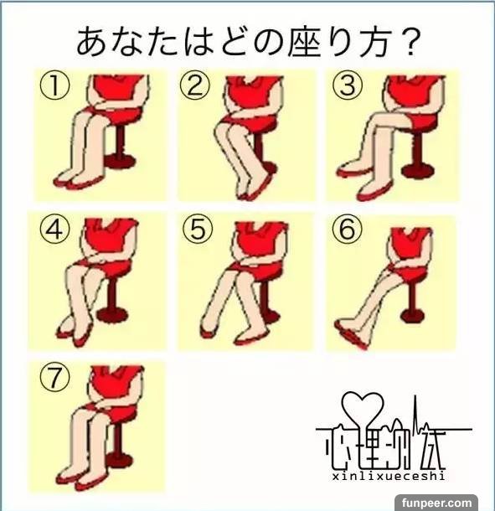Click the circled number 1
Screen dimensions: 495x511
pyautogui.click(x=54, y=86)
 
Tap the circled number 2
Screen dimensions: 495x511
pyautogui.click(x=195, y=86)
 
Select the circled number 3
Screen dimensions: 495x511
pyautogui.click(x=348, y=85)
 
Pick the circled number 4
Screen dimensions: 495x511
pyautogui.click(x=54, y=230)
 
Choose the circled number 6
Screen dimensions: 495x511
pyautogui.click(x=347, y=229)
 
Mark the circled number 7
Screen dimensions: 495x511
pyautogui.click(x=54, y=377)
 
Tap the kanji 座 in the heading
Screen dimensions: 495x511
pyautogui.click(x=306, y=42)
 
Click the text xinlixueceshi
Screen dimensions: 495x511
pyautogui.click(x=389, y=477)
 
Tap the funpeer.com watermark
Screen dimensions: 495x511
pyautogui.click(x=436, y=503)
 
